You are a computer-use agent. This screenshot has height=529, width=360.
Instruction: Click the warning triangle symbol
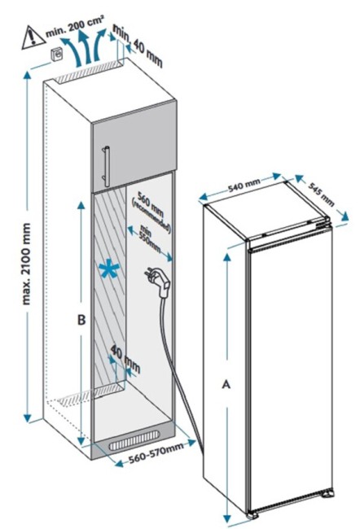click(33, 38)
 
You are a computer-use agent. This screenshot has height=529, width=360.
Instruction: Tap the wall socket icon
click(57, 55)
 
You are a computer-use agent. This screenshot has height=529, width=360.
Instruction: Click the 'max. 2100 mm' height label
click(26, 264)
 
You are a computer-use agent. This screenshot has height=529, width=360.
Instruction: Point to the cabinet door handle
click(107, 166)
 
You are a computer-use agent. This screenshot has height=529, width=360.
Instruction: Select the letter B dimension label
click(81, 320)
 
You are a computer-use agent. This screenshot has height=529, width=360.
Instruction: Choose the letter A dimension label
click(226, 384)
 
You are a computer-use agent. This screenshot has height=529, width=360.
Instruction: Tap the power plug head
click(159, 282)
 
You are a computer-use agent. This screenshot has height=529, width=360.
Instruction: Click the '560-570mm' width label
click(156, 452)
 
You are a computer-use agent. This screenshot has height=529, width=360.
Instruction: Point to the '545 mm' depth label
click(321, 195)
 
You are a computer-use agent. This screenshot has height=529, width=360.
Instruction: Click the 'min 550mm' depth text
click(149, 238)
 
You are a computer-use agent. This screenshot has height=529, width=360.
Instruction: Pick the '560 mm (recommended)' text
click(151, 212)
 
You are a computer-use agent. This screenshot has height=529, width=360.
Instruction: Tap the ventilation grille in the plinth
click(134, 440)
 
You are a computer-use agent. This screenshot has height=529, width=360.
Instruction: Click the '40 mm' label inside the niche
click(125, 359)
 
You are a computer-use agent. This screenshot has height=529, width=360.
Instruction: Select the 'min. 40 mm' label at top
click(138, 45)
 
